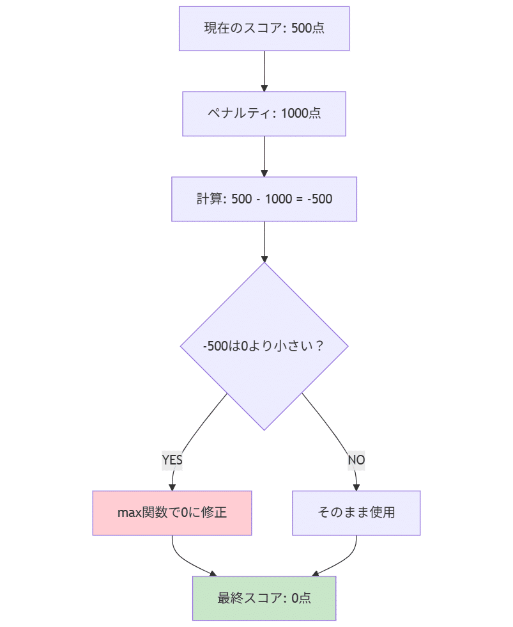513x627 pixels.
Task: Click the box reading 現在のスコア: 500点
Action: pyautogui.click(x=264, y=29)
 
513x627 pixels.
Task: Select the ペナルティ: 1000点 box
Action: pyautogui.click(x=264, y=114)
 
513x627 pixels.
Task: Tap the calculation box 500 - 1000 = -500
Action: pyautogui.click(x=264, y=199)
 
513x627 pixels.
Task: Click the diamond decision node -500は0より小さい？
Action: pyautogui.click(x=264, y=346)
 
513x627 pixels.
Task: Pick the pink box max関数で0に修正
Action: pyautogui.click(x=172, y=513)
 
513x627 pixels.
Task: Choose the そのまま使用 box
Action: pyautogui.click(x=356, y=513)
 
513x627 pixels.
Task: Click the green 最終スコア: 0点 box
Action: pyautogui.click(x=264, y=598)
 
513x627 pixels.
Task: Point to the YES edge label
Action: pyautogui.click(x=172, y=460)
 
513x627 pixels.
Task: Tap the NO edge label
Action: pyautogui.click(x=356, y=460)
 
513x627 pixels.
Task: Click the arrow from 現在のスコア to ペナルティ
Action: pyautogui.click(x=264, y=70)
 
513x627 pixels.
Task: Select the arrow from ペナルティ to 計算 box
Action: pyautogui.click(x=264, y=155)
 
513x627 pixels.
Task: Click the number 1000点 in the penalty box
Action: pyautogui.click(x=300, y=114)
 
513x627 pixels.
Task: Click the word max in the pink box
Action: pyautogui.click(x=129, y=513)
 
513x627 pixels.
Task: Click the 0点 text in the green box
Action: pyautogui.click(x=301, y=598)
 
